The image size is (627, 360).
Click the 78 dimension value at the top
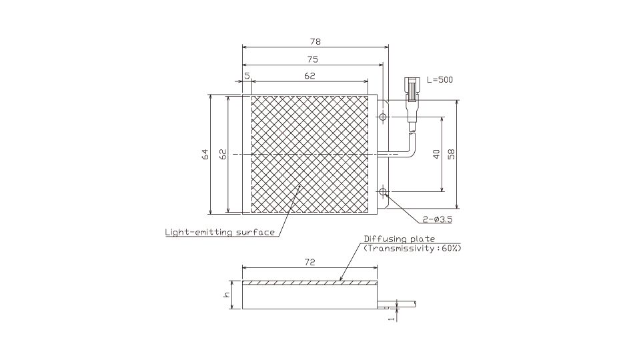tap(316, 41)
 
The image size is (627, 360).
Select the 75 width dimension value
tap(313, 59)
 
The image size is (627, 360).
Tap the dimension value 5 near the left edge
tap(247, 76)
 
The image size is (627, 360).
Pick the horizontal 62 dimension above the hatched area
tap(309, 76)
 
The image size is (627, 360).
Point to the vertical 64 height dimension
tap(205, 154)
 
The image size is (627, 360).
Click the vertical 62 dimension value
tap(223, 154)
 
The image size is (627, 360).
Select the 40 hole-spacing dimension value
tap(436, 154)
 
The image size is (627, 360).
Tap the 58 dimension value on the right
tap(452, 154)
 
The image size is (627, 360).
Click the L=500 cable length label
tap(440, 80)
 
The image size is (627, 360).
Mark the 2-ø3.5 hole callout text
tap(438, 219)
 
